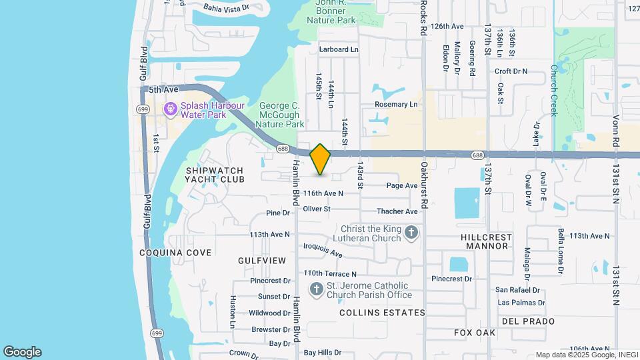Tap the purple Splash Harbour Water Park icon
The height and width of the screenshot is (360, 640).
pyautogui.click(x=171, y=107)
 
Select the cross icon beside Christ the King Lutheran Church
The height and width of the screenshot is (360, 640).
pyautogui.click(x=411, y=233)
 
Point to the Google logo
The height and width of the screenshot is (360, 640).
pyautogui.click(x=22, y=352)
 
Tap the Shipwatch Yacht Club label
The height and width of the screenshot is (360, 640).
pyautogui.click(x=215, y=175)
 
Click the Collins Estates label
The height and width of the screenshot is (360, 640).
pyautogui.click(x=382, y=312)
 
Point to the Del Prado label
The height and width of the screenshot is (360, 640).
pyautogui.click(x=529, y=321)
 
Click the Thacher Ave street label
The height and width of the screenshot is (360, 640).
pyautogui.click(x=397, y=211)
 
